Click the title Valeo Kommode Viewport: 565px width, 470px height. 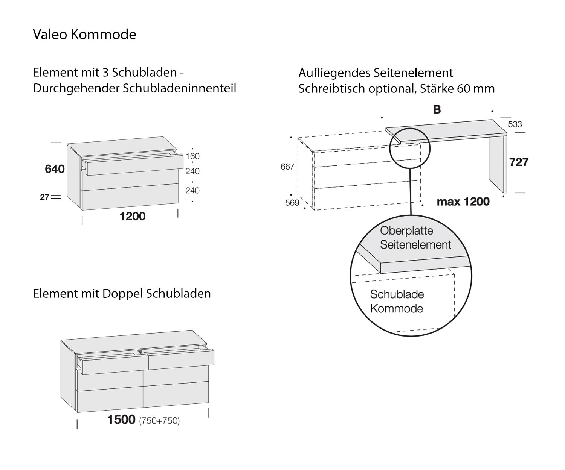pos(84,34)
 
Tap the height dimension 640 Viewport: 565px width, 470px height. pos(55,169)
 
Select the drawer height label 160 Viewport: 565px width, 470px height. pos(192,156)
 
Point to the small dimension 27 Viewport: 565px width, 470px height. pos(44,197)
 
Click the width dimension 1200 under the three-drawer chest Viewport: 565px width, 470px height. pos(132,216)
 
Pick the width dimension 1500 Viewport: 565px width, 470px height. pos(121,420)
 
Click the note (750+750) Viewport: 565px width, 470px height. pos(159,421)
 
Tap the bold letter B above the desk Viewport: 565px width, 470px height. pos(437,109)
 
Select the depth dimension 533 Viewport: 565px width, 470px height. pos(515,124)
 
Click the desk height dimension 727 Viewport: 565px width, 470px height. pos(519,162)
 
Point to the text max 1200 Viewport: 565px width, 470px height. pos(463,202)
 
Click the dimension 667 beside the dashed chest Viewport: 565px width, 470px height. pos(287,166)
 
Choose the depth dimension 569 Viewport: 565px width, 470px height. pos(292,203)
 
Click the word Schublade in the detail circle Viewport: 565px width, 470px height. pos(397,294)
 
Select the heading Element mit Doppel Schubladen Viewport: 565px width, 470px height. pos(122,293)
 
